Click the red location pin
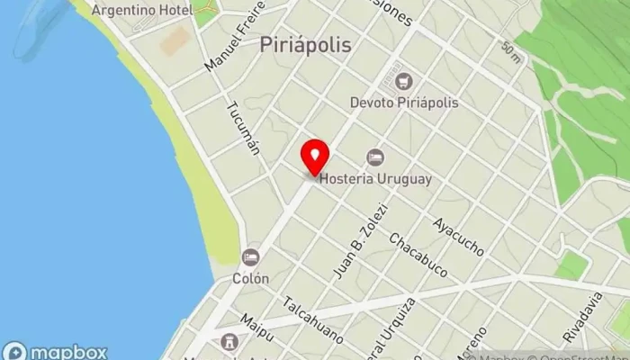pos(315,158)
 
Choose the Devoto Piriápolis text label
pos(404,103)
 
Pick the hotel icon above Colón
pos(250,257)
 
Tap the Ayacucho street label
pos(458,235)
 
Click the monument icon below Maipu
pos(229,343)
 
